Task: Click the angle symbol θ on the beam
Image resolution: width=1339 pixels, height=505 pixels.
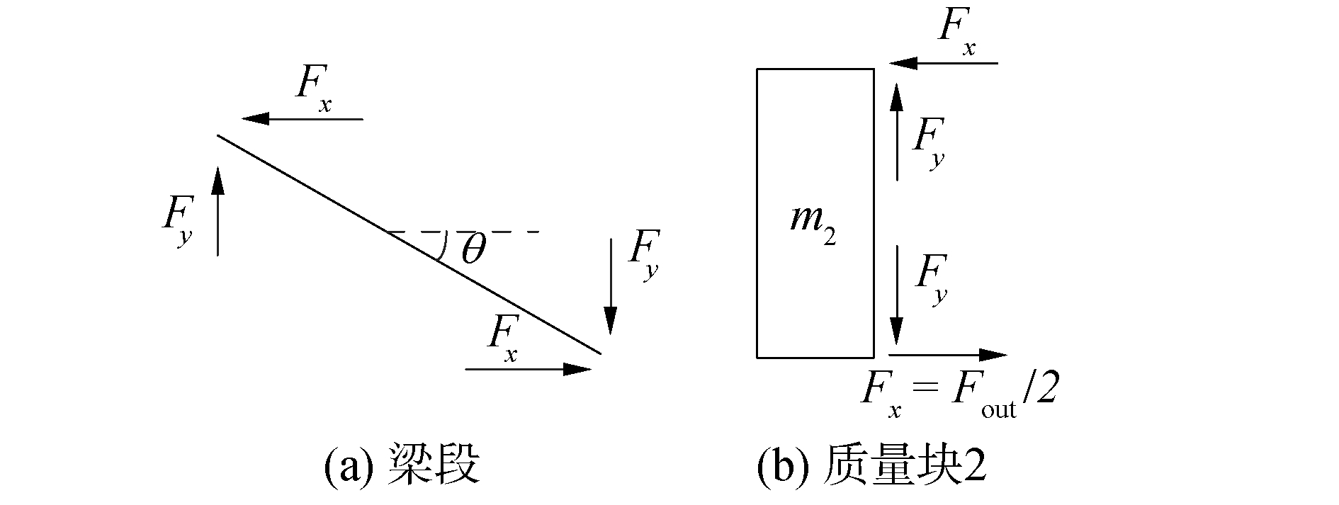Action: click(x=473, y=249)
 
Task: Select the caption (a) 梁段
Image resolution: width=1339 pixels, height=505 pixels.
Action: click(x=402, y=465)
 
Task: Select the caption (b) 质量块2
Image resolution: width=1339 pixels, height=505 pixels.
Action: click(x=871, y=465)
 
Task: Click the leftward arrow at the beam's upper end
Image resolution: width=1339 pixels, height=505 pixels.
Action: click(x=302, y=119)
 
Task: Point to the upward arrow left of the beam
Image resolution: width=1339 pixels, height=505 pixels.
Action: click(x=217, y=210)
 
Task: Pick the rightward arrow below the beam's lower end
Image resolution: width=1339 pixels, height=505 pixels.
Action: click(x=528, y=369)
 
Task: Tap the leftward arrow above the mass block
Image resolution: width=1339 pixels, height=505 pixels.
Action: click(x=943, y=63)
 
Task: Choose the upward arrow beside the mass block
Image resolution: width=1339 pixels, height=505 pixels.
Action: click(x=897, y=131)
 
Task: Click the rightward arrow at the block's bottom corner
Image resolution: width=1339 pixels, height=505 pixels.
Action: click(x=947, y=354)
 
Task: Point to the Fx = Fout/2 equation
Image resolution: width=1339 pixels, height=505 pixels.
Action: click(x=959, y=393)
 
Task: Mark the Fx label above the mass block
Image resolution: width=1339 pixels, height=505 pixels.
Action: click(x=956, y=32)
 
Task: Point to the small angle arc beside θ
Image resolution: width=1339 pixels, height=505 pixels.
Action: click(x=444, y=245)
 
